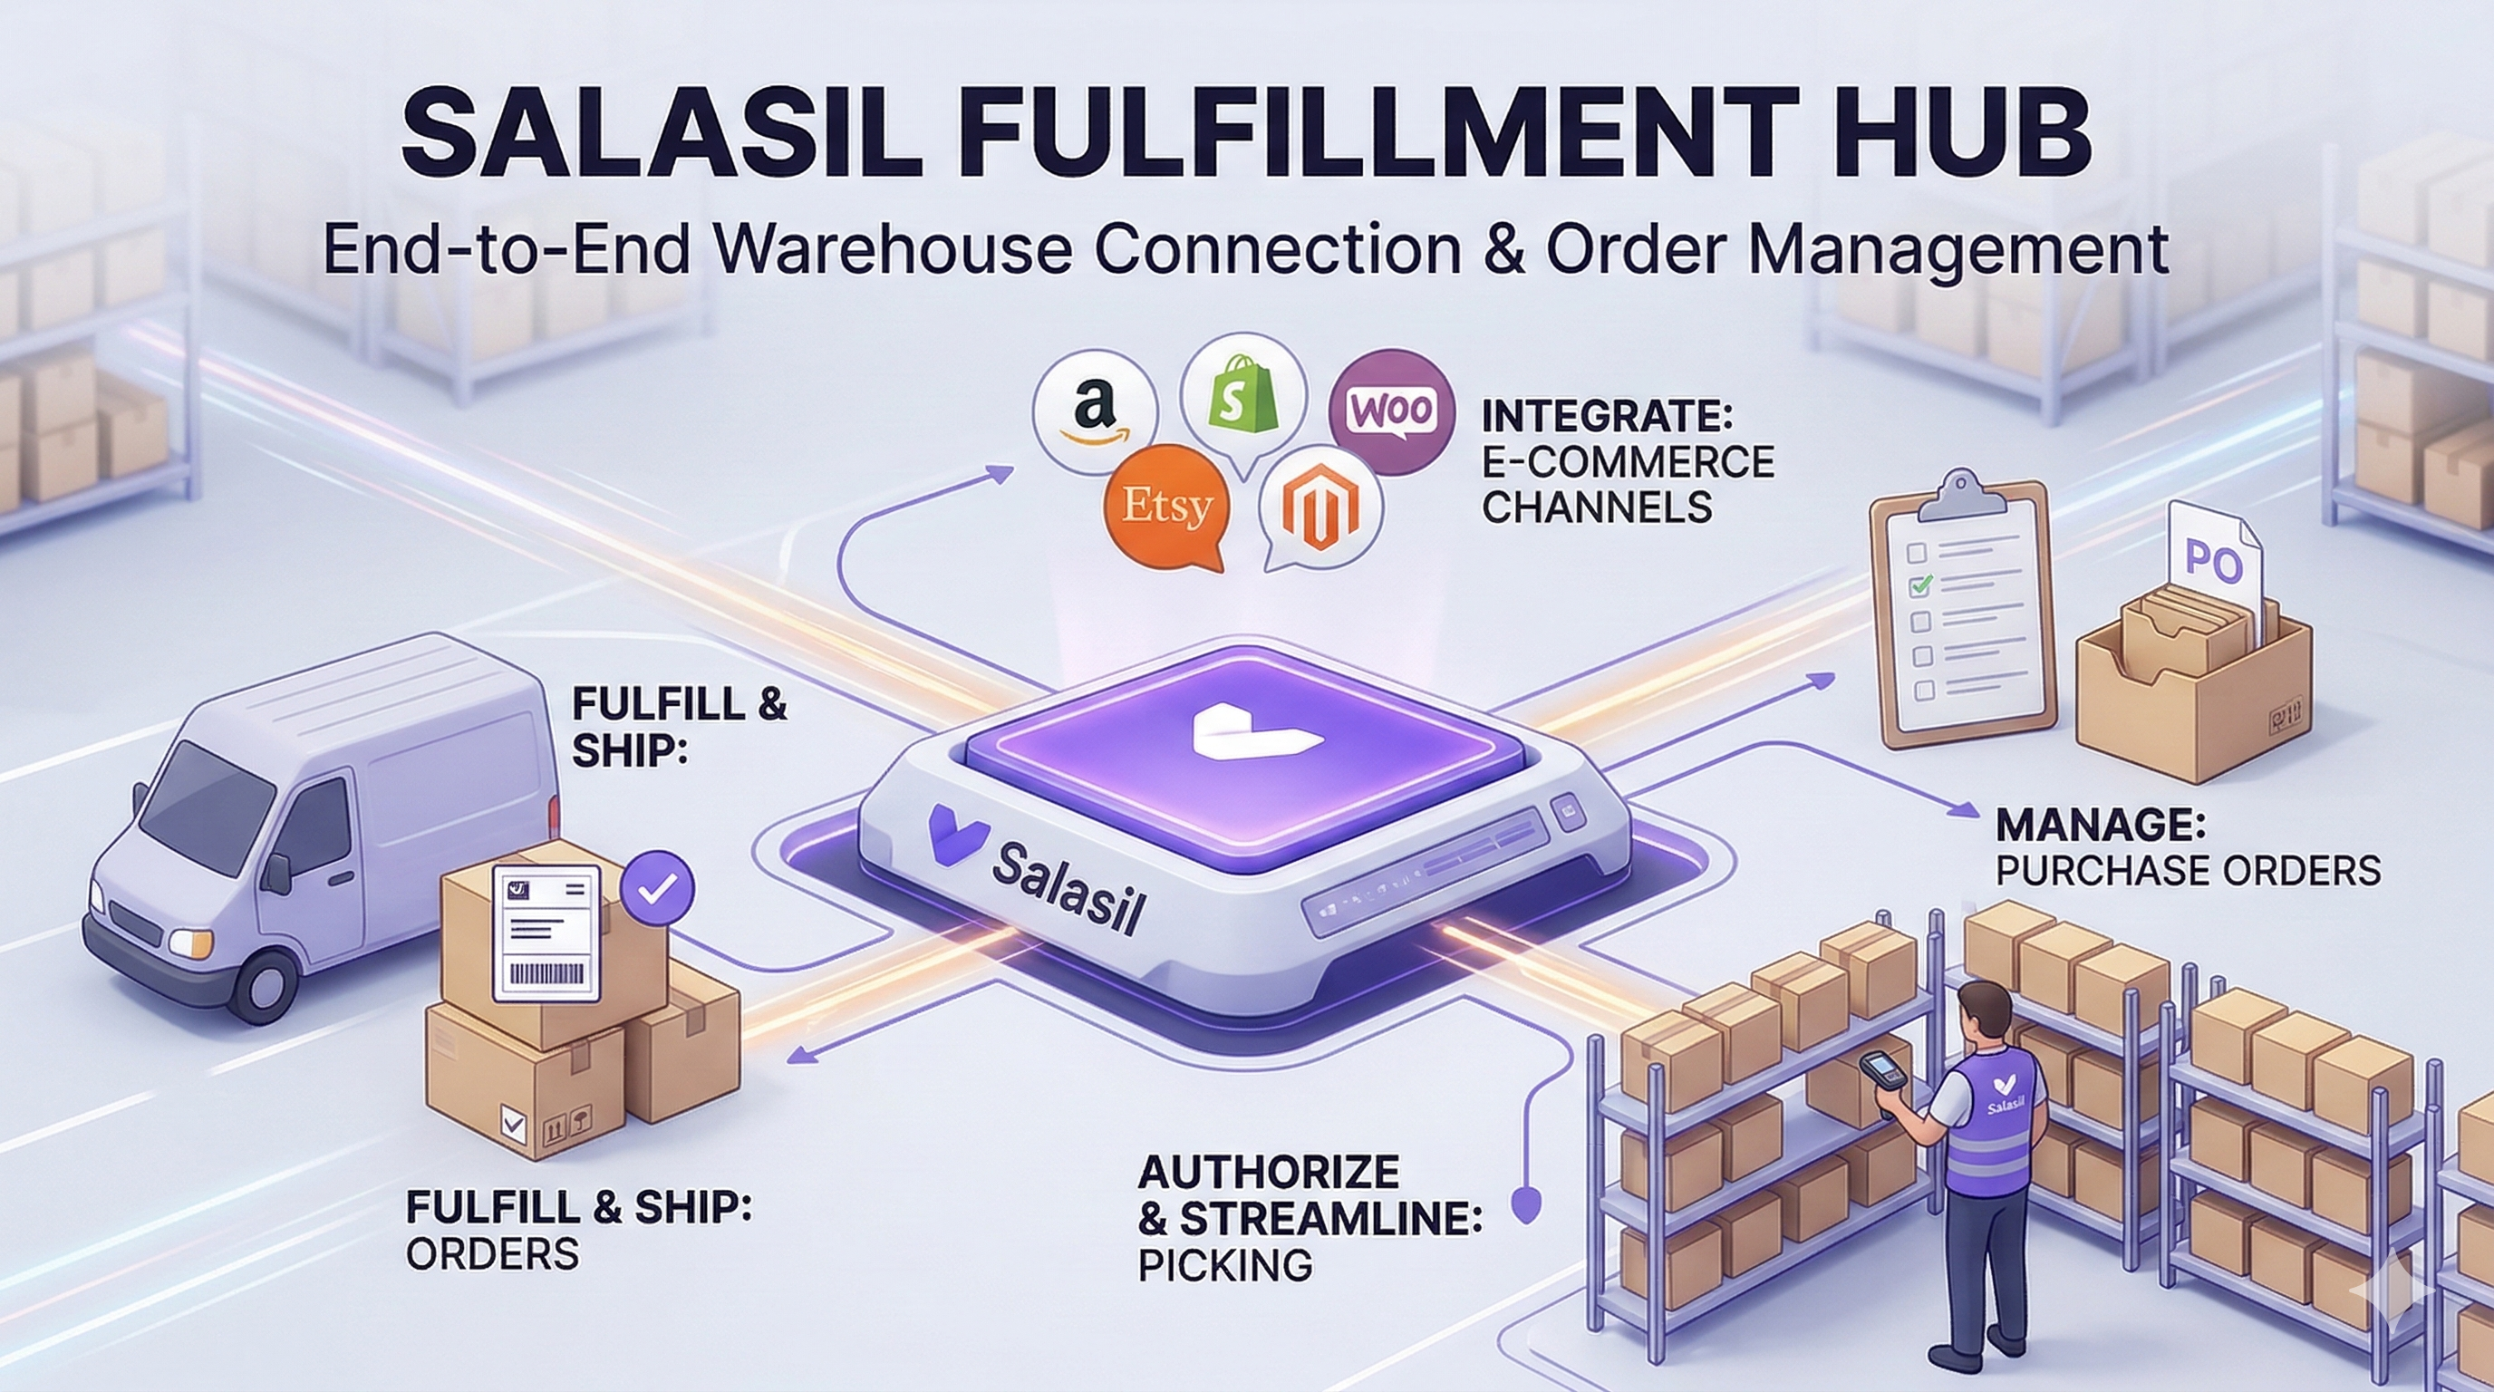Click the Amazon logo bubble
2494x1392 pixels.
pos(1095,411)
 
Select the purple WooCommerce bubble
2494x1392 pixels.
pos(1391,411)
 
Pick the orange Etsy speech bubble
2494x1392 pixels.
pos(1166,507)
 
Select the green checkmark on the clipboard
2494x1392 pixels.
pos(1919,584)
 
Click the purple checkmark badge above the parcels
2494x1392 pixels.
pos(657,886)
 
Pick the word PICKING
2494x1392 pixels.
pos(1223,1264)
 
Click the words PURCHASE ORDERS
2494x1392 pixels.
pos(2187,871)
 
